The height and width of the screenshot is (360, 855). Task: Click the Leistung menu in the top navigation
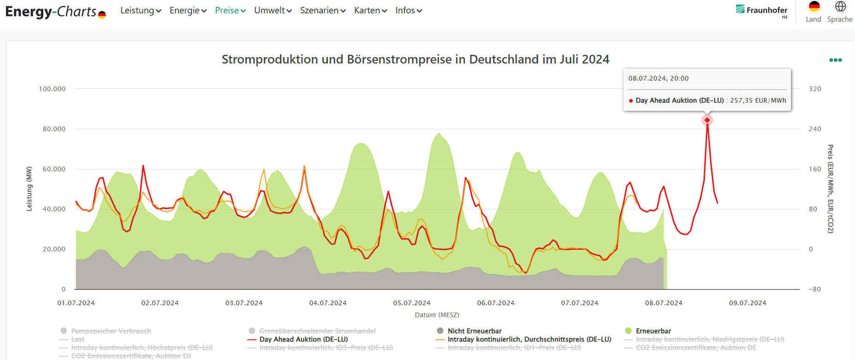tap(140, 11)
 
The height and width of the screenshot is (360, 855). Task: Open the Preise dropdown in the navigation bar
tap(230, 11)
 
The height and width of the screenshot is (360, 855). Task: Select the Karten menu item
tap(370, 11)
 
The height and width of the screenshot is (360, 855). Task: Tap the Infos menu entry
tap(408, 11)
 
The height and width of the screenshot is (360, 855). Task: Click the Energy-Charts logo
tap(55, 12)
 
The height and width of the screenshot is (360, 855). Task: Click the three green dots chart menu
tap(835, 60)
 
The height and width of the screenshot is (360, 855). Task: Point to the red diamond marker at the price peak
tap(707, 120)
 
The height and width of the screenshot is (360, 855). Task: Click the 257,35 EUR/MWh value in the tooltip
tap(758, 100)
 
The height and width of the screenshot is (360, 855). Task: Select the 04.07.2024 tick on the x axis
tap(328, 303)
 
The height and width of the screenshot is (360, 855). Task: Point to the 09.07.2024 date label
tap(748, 303)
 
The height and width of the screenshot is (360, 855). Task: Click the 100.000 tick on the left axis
tap(52, 89)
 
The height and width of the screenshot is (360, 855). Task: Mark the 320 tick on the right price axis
tap(815, 89)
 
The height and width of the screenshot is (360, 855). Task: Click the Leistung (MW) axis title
tap(29, 189)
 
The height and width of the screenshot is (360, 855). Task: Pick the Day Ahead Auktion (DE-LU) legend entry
tap(303, 339)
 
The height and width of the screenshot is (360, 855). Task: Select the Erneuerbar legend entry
tap(653, 331)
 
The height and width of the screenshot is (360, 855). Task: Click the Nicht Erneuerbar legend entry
tap(474, 331)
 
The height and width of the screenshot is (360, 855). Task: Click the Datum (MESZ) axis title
tap(437, 315)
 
